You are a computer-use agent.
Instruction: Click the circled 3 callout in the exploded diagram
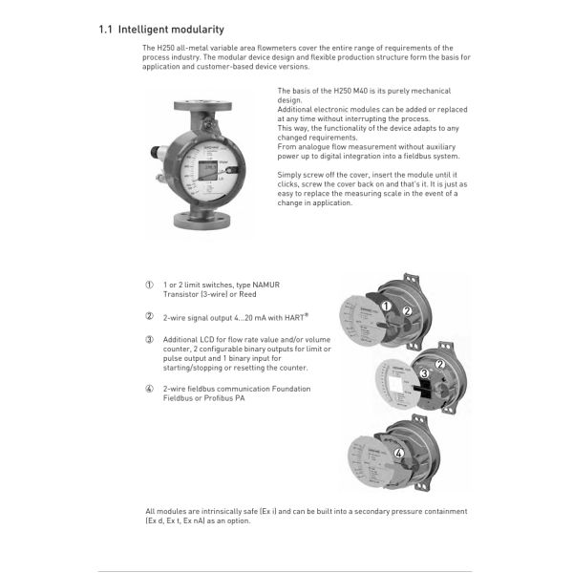pyautogui.click(x=422, y=372)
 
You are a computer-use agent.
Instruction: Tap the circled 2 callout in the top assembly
pyautogui.click(x=406, y=310)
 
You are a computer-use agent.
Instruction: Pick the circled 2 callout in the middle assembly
pyautogui.click(x=441, y=363)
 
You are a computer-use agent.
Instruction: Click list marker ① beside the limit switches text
pyautogui.click(x=149, y=286)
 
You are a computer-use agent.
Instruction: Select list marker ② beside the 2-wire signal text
pyautogui.click(x=149, y=316)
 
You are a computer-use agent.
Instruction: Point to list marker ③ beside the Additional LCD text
pyautogui.click(x=149, y=340)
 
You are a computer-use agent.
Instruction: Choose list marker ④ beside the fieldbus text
pyautogui.click(x=149, y=389)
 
